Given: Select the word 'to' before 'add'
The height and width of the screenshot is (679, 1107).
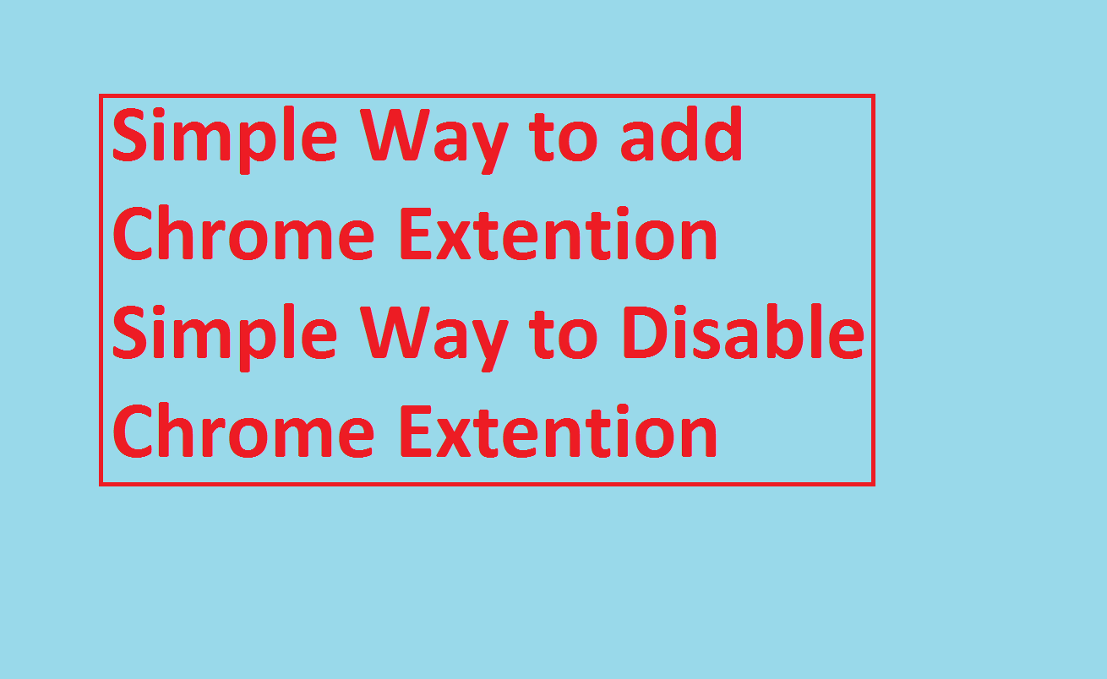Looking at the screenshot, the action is pyautogui.click(x=564, y=138).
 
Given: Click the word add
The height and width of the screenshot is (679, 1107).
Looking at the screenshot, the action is pyautogui.click(x=681, y=133).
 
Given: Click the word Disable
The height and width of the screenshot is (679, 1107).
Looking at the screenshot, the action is pyautogui.click(x=744, y=331).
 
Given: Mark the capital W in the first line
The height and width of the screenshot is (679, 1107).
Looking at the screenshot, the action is pyautogui.click(x=395, y=134).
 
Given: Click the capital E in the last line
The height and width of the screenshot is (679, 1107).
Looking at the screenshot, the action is pyautogui.click(x=415, y=432).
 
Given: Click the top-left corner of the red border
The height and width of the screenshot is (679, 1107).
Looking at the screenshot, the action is pyautogui.click(x=101, y=95).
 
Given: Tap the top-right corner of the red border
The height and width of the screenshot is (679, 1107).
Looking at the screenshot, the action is pyautogui.click(x=874, y=95).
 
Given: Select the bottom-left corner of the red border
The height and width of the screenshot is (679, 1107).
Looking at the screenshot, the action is pyautogui.click(x=101, y=485).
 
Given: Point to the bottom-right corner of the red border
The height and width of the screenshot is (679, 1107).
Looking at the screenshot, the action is pyautogui.click(x=874, y=485).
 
